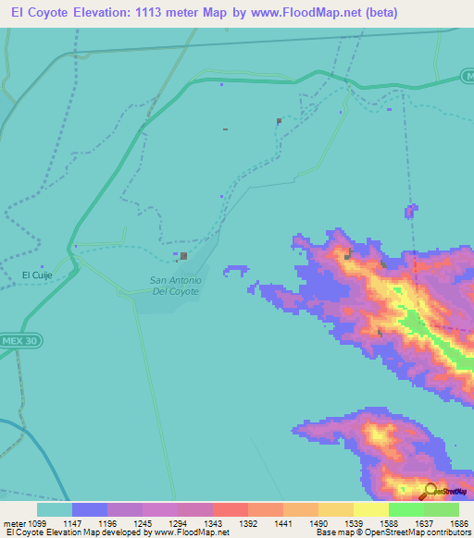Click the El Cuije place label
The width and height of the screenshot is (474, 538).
37,275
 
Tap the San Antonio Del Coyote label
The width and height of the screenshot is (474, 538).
175,286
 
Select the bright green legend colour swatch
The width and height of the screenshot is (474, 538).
406,509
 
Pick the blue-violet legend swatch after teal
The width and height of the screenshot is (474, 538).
90,509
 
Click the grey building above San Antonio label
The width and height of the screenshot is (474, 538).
184,256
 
